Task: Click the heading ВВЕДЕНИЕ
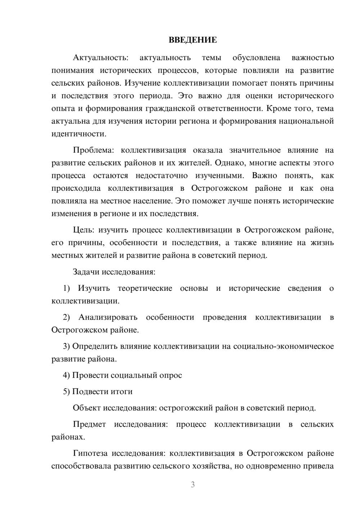(x=193, y=40)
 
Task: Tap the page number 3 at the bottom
(x=193, y=485)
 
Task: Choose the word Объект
(x=87, y=408)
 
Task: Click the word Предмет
(x=89, y=424)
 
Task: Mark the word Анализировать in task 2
(x=108, y=317)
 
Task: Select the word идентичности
(x=79, y=134)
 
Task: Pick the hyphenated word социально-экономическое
(x=284, y=346)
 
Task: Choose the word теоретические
(x=145, y=288)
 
